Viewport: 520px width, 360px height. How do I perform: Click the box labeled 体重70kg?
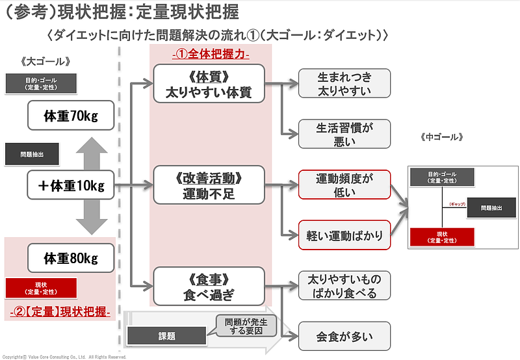[x=70, y=116]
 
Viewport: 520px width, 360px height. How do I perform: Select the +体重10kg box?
[x=70, y=186]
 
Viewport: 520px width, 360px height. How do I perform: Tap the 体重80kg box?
[x=70, y=257]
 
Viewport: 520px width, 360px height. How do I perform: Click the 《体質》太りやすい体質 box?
[x=209, y=83]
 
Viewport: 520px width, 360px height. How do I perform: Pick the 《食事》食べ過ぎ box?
[x=209, y=287]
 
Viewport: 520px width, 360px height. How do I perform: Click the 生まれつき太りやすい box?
[x=344, y=83]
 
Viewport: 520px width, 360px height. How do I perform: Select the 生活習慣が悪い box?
[x=344, y=133]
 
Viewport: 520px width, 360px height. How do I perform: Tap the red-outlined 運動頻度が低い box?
[x=344, y=185]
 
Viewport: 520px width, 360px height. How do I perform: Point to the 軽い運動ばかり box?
[x=344, y=235]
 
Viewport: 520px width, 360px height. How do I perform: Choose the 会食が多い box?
[x=344, y=336]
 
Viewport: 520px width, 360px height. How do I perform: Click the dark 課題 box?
[x=166, y=336]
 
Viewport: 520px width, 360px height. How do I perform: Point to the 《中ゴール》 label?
[x=442, y=137]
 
